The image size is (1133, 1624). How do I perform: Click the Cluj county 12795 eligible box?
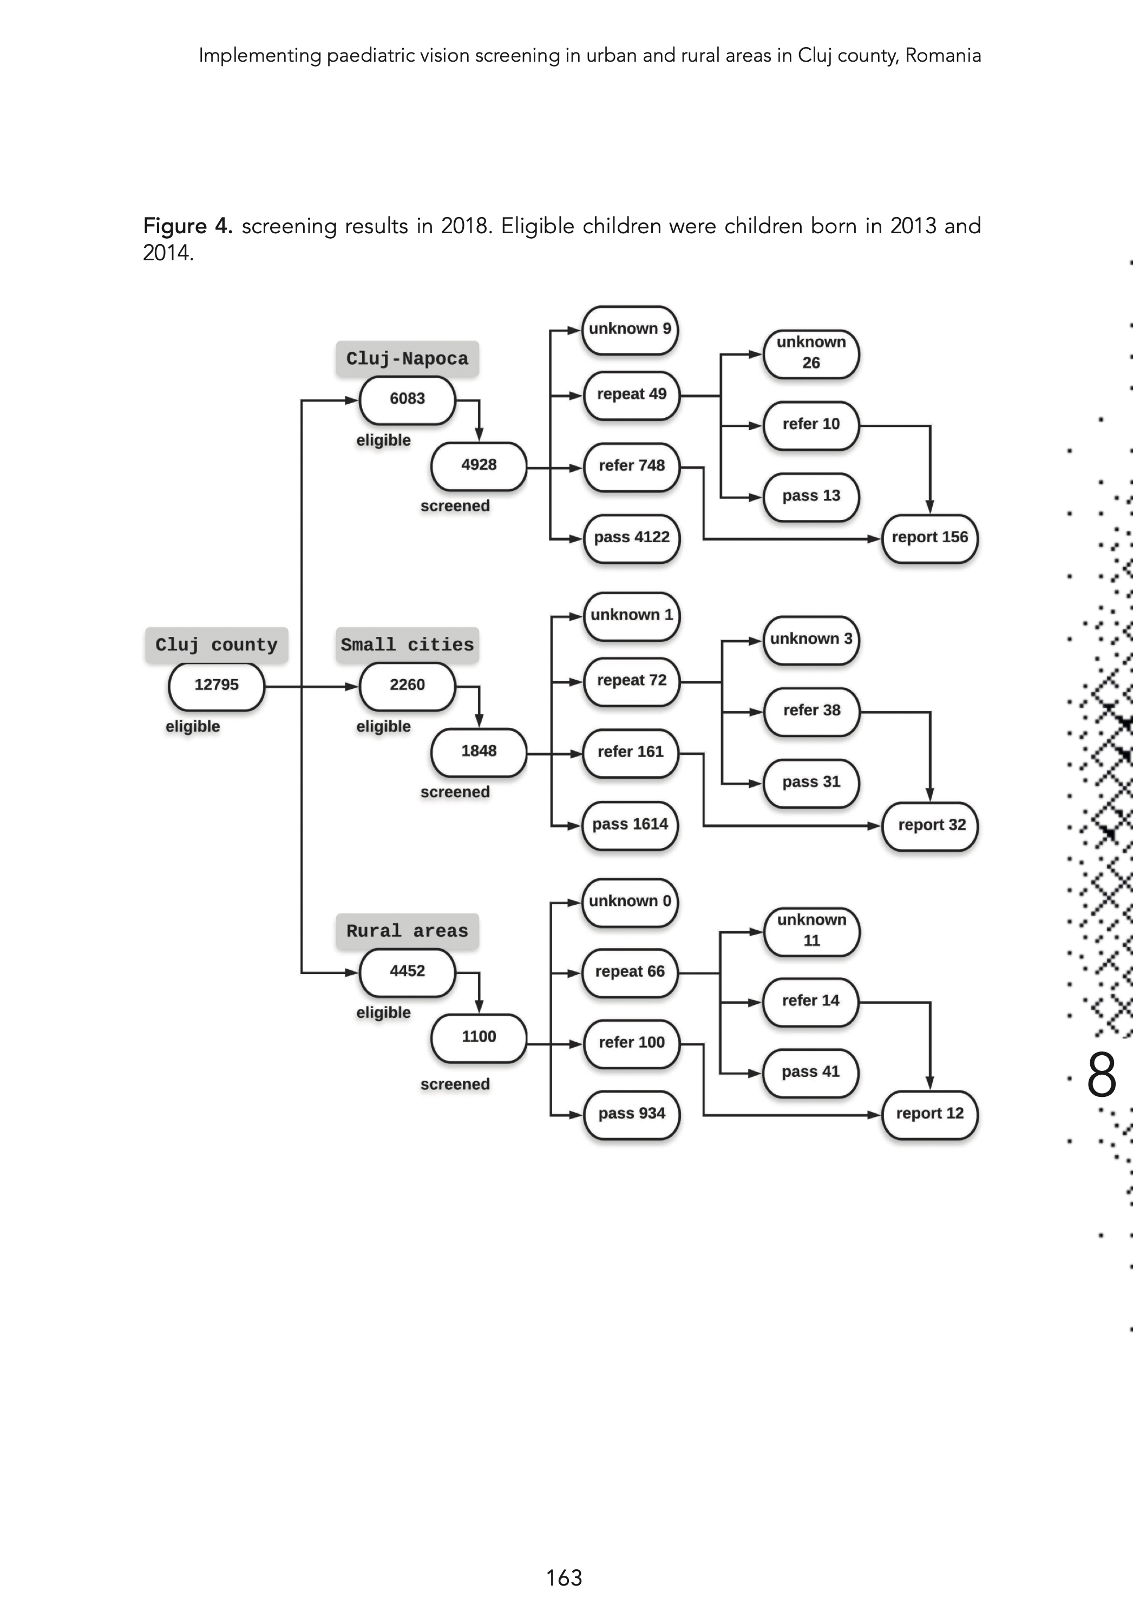point(217,686)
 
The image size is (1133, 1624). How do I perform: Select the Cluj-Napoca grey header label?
point(407,359)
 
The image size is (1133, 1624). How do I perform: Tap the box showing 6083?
point(407,399)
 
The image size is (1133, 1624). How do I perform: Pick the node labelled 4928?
point(479,465)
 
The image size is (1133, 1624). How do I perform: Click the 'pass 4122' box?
point(631,537)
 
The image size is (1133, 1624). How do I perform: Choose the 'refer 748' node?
point(631,466)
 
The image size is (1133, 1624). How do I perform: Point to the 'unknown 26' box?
point(811,353)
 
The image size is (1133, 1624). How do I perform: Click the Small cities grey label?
point(407,645)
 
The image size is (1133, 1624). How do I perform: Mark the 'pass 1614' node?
point(630,825)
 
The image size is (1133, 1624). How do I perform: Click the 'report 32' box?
point(931,825)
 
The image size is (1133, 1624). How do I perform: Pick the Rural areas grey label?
point(407,931)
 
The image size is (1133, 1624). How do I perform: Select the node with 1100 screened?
point(479,1037)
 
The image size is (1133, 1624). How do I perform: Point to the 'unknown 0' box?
point(630,902)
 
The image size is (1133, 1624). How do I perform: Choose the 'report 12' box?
point(929,1114)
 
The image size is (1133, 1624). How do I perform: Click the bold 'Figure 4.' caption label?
point(187,226)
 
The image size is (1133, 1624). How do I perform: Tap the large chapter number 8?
point(1101,1075)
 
